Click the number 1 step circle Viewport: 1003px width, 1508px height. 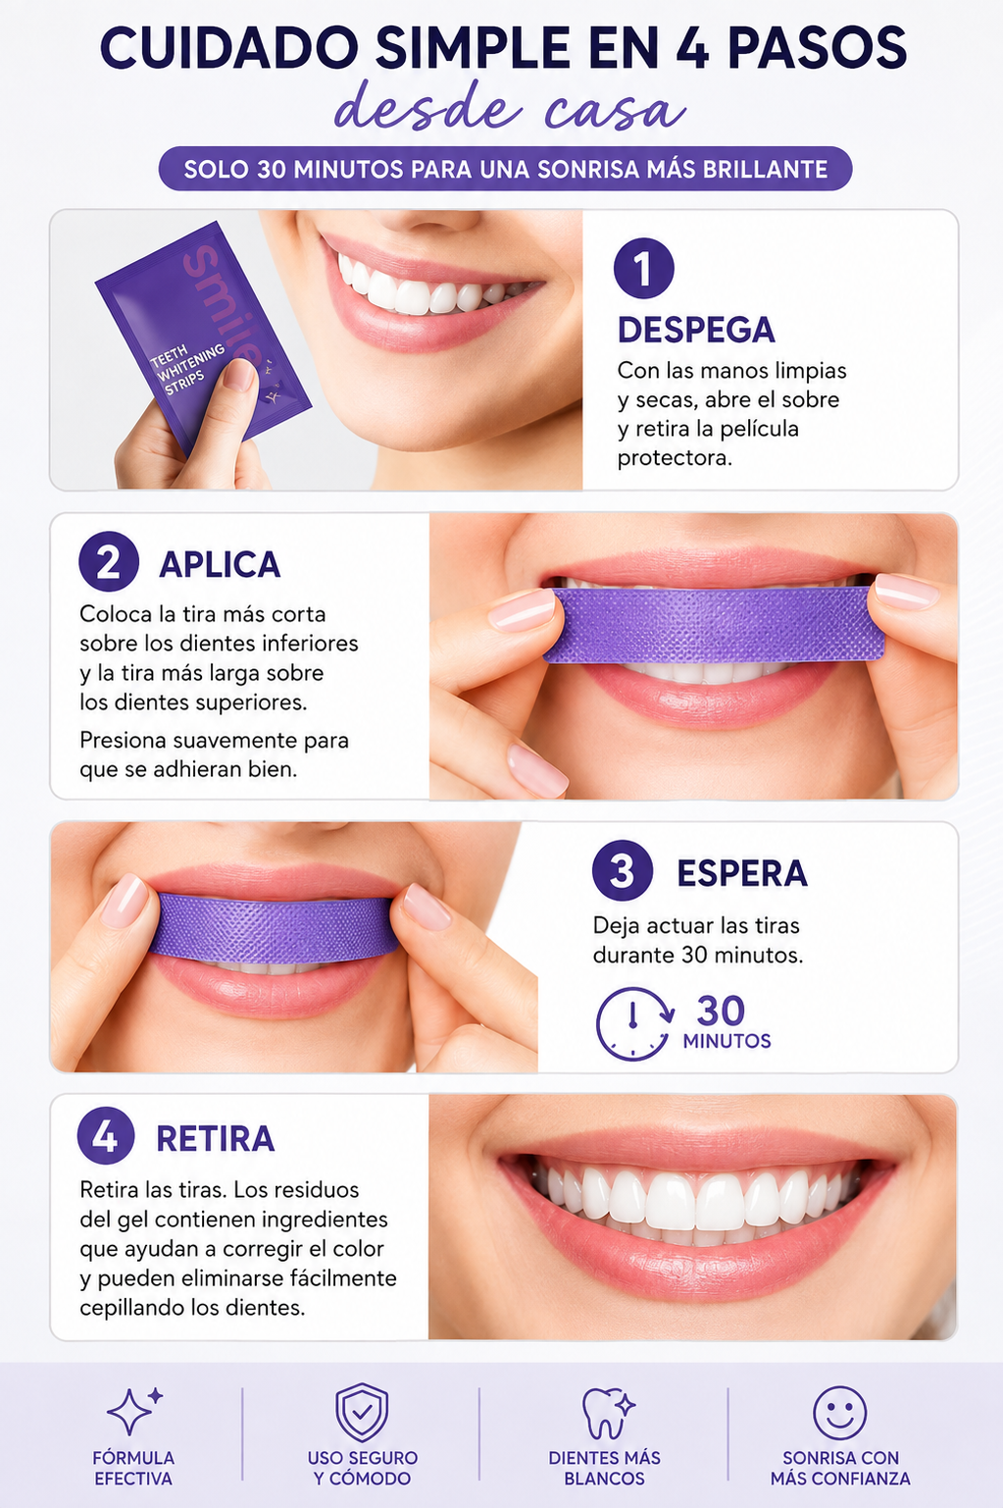[643, 268]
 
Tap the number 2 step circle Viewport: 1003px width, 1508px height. [108, 561]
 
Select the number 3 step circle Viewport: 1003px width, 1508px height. [623, 870]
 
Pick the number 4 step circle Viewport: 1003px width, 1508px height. [106, 1137]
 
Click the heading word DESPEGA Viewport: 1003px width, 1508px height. [696, 330]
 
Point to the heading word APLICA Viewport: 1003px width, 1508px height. [220, 564]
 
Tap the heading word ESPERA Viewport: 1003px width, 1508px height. [742, 873]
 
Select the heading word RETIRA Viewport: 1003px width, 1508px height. [216, 1139]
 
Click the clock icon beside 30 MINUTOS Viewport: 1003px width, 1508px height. [634, 1024]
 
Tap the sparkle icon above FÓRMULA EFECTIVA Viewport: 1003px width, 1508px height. [134, 1411]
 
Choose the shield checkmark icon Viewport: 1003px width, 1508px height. [362, 1413]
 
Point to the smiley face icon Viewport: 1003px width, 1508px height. [839, 1413]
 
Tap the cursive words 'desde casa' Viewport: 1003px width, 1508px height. [509, 108]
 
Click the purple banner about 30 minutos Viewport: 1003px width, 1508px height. [505, 169]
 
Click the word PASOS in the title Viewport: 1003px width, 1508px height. [817, 48]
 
